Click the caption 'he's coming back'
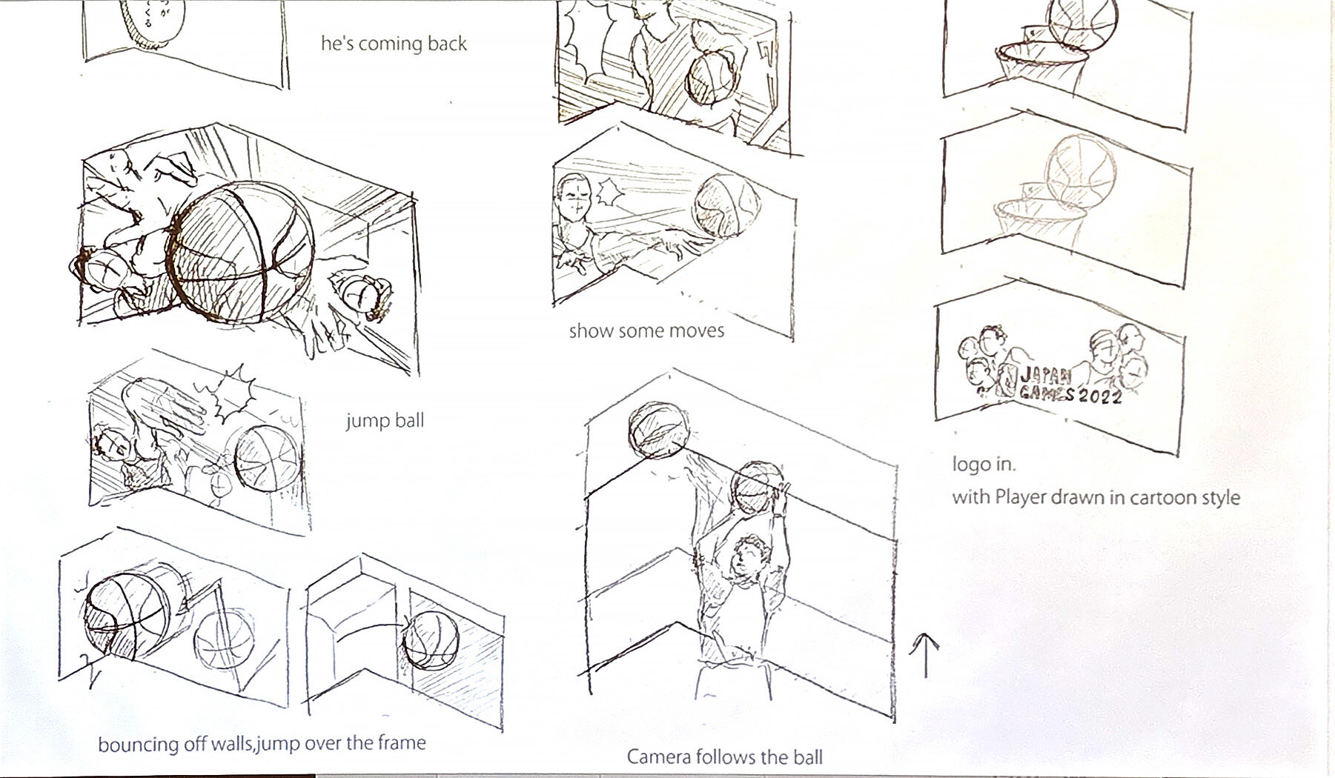394,44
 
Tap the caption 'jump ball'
385,421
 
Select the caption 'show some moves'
646,330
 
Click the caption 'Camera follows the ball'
724,757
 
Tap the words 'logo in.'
984,465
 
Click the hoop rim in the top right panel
1038,53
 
